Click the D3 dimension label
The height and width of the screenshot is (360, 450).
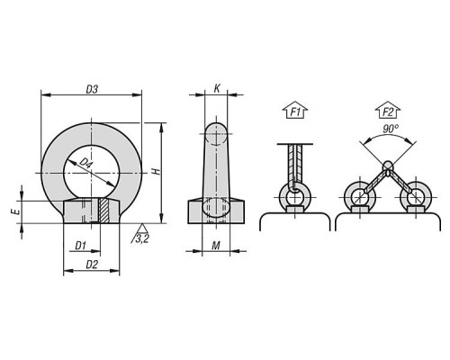(x=92, y=89)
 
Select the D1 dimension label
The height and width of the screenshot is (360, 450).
(x=80, y=247)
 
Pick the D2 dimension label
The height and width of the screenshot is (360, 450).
(x=92, y=265)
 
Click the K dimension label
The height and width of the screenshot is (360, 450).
(x=217, y=88)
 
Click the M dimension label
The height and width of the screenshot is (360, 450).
(x=216, y=246)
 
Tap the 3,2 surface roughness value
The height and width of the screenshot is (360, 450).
(x=142, y=239)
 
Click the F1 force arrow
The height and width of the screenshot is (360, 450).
(x=295, y=110)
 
